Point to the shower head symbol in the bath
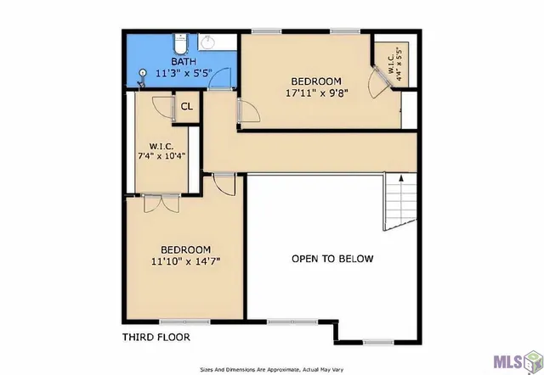[x=142, y=75]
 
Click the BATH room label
[x=183, y=62]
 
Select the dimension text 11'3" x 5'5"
[x=183, y=73]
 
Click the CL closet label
[x=187, y=107]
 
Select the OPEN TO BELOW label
[x=332, y=259]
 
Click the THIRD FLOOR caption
[x=156, y=337]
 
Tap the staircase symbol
[x=400, y=202]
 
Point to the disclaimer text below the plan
[x=271, y=369]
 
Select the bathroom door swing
[x=219, y=79]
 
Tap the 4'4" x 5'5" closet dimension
[x=394, y=60]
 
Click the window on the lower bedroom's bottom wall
[x=173, y=322]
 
